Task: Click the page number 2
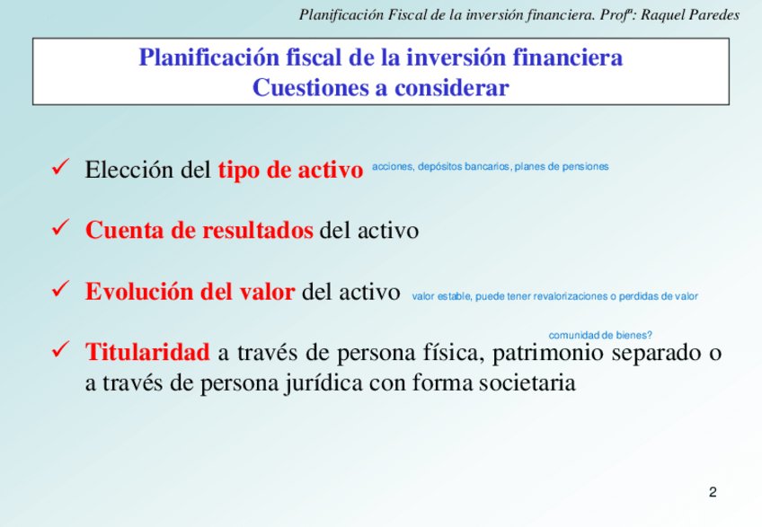[713, 492]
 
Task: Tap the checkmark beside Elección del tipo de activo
[60, 167]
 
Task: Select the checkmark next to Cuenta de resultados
[60, 227]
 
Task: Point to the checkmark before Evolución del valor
[60, 288]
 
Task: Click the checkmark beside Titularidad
[60, 349]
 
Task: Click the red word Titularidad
[147, 352]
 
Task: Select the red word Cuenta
[125, 230]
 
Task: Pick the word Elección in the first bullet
[128, 170]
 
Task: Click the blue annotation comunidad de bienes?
[600, 335]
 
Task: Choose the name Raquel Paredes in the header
[690, 15]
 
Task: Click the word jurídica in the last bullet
[323, 383]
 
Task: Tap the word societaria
[527, 382]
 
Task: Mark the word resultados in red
[258, 230]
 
